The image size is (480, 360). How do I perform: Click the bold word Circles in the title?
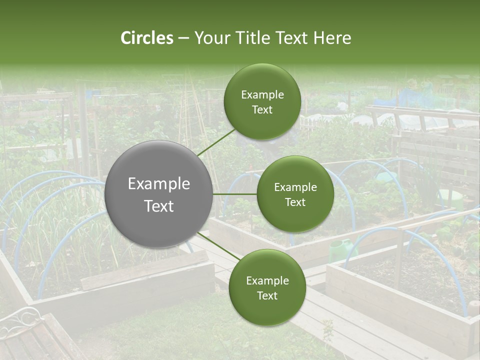coord(147,38)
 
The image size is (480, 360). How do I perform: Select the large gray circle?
coord(159,194)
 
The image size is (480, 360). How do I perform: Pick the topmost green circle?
coord(262,101)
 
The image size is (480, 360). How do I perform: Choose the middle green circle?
coord(295,194)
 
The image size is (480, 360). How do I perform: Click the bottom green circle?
coord(267,287)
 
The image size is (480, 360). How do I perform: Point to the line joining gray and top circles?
coord(216,142)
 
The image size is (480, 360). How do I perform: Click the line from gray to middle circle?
coord(235,194)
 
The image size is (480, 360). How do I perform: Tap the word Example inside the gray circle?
coord(159,184)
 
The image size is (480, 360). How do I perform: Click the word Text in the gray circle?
coord(159,206)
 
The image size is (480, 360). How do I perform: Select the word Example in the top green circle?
coord(262,94)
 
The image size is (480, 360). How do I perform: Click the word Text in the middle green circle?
coord(295,202)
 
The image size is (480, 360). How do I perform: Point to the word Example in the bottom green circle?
coord(267,280)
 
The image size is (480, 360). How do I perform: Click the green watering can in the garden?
coord(341,248)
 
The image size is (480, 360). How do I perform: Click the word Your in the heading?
coord(212,38)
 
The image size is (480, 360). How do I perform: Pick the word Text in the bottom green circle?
coord(267,295)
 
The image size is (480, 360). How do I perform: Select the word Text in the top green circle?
coord(262,109)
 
